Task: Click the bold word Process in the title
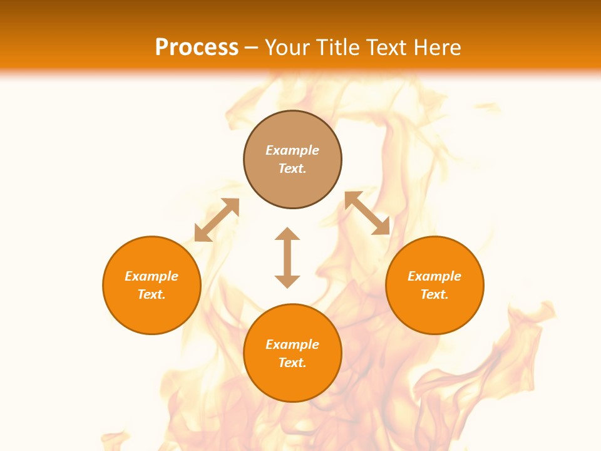point(197,47)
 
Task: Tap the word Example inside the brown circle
point(292,150)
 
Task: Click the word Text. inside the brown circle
point(292,168)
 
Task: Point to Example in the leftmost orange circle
point(152,276)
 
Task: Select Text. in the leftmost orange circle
point(152,294)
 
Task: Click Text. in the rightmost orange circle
point(434,294)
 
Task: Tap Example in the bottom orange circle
point(292,345)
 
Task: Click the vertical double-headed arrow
point(287,257)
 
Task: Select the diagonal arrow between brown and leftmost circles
point(217,220)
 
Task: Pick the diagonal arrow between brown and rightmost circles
point(367,213)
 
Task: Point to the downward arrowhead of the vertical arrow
point(287,281)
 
